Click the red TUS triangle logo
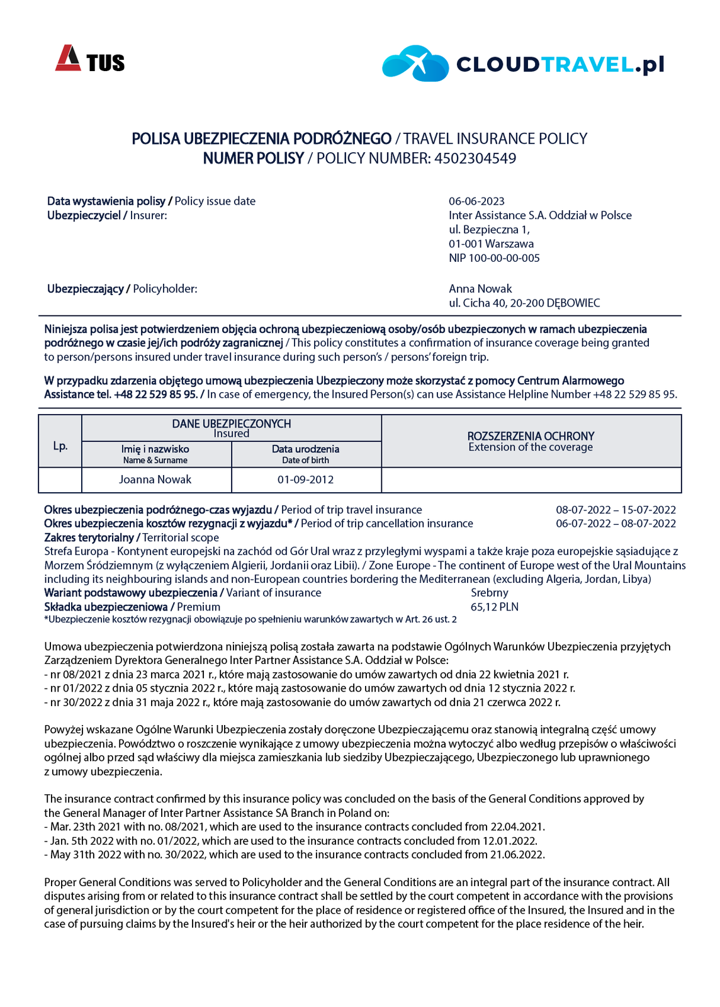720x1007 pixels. click(x=68, y=58)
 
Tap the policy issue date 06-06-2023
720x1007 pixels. click(x=476, y=201)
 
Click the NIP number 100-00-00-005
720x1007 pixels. click(x=494, y=258)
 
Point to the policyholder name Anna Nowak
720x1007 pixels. click(x=480, y=289)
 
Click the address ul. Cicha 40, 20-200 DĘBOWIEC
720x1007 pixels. click(x=524, y=303)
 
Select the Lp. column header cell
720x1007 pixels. click(x=60, y=446)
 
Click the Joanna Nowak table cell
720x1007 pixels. click(x=155, y=480)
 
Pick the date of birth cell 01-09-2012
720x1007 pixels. click(x=306, y=480)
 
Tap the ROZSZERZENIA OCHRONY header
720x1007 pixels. click(x=531, y=436)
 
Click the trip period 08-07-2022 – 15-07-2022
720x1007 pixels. click(x=616, y=510)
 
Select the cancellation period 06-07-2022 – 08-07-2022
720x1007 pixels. click(x=616, y=524)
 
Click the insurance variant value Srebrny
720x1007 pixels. click(x=489, y=593)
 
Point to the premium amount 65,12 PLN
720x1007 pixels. click(x=495, y=607)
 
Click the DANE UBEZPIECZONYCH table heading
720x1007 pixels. click(x=231, y=424)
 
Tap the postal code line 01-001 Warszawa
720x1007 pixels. click(x=491, y=244)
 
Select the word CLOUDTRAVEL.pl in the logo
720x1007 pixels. click(x=560, y=64)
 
